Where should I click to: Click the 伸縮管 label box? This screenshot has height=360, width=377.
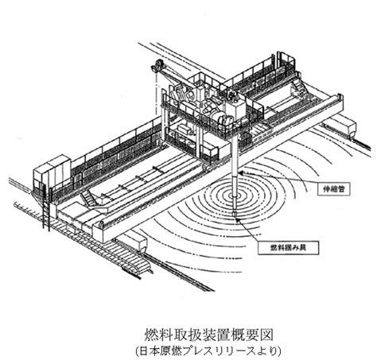(334, 188)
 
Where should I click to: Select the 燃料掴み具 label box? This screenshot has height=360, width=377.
(288, 248)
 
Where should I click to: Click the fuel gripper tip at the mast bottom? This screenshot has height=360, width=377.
(234, 214)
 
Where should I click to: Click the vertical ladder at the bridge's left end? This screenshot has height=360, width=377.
(46, 208)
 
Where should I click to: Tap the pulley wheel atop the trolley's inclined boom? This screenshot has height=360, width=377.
(158, 65)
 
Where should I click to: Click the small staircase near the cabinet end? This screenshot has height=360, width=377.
(88, 199)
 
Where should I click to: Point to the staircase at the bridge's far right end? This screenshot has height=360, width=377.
(297, 87)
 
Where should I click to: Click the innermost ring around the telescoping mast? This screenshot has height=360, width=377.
(234, 196)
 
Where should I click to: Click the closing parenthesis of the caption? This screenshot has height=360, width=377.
(278, 351)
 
